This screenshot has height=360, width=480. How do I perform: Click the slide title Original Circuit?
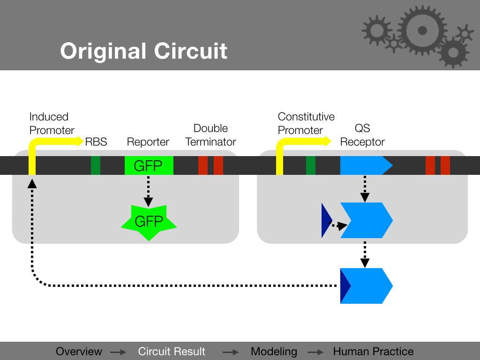(x=143, y=51)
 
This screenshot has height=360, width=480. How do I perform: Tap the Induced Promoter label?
(x=52, y=124)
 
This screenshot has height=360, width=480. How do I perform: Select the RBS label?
(x=96, y=142)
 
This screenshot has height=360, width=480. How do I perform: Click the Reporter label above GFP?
(x=148, y=142)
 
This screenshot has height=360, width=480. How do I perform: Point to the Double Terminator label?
(x=210, y=135)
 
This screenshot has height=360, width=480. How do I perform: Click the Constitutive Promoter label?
(x=306, y=124)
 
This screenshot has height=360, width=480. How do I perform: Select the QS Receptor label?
(x=362, y=135)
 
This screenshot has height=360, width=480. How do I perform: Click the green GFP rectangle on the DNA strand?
(x=149, y=165)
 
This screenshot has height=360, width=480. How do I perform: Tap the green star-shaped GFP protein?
(x=149, y=222)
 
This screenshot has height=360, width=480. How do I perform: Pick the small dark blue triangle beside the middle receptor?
(x=326, y=220)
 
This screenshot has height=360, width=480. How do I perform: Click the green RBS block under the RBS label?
(x=96, y=165)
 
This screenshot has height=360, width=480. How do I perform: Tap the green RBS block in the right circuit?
(x=311, y=165)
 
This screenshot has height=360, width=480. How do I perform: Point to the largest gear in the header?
(x=421, y=30)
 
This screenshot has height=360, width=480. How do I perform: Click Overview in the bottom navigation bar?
(x=79, y=352)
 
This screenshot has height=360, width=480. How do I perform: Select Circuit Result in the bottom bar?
(x=172, y=352)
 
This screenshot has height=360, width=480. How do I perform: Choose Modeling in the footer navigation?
(x=274, y=352)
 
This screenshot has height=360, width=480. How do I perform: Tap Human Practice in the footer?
(x=373, y=352)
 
